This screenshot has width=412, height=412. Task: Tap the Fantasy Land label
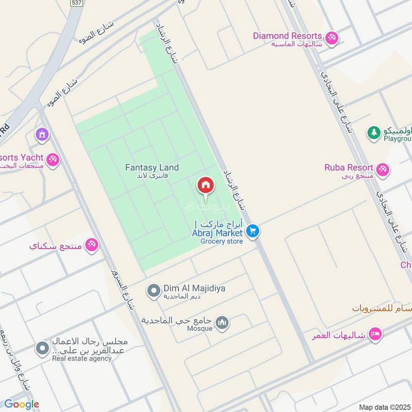point(152,167)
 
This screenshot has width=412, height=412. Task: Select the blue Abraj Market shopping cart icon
point(252,231)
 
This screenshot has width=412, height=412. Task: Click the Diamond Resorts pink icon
point(332,37)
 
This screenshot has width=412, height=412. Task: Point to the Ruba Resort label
point(349,167)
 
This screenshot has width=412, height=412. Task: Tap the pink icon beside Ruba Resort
point(382,169)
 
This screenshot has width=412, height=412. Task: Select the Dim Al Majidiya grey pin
point(153,291)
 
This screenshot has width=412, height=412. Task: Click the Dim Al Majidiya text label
point(187,289)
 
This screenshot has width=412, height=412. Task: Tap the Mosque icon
point(222,323)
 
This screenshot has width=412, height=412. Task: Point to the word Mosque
point(199,328)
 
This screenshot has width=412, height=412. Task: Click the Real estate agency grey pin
point(42,349)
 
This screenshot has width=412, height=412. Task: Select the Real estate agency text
point(81,358)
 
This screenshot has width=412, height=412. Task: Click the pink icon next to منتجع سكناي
point(92,245)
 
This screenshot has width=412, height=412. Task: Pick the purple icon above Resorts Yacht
point(42,135)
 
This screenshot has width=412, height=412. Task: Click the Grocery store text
point(221,241)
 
